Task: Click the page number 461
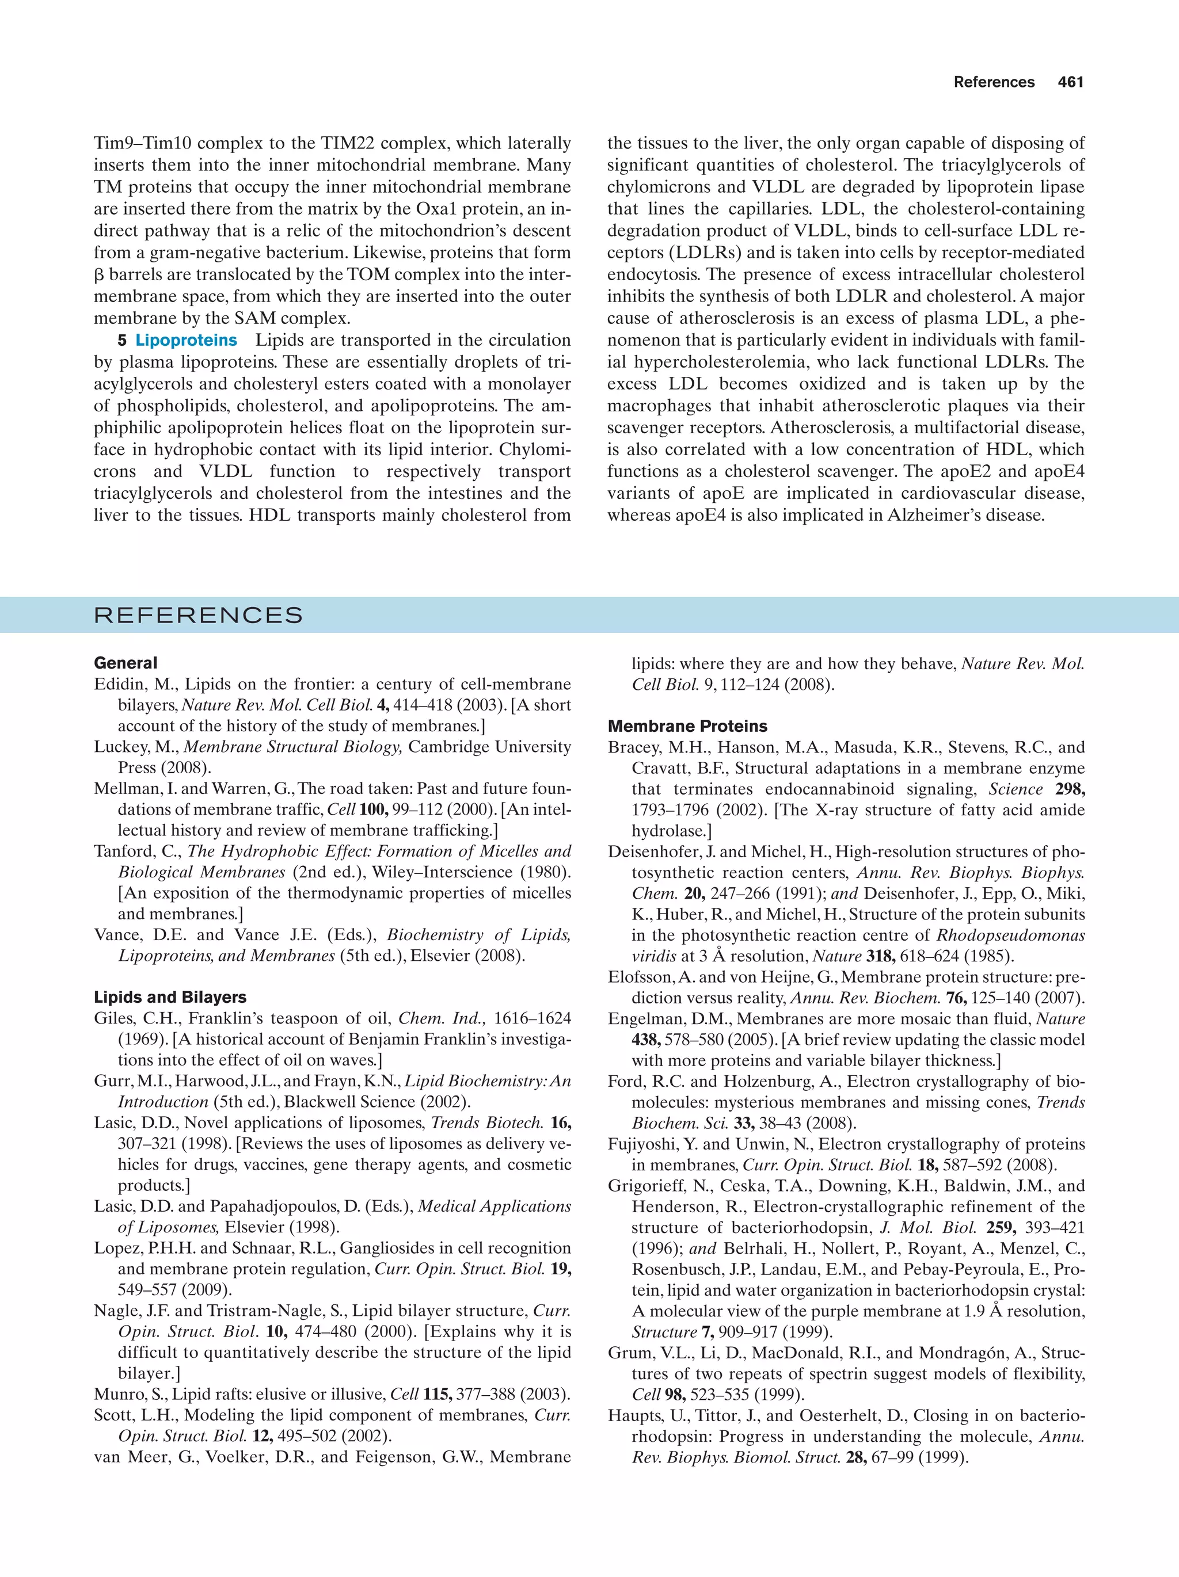1071,82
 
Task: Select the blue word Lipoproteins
186,340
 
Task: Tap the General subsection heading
125,663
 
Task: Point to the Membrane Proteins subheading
687,727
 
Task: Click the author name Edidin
117,685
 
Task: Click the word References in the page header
994,82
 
